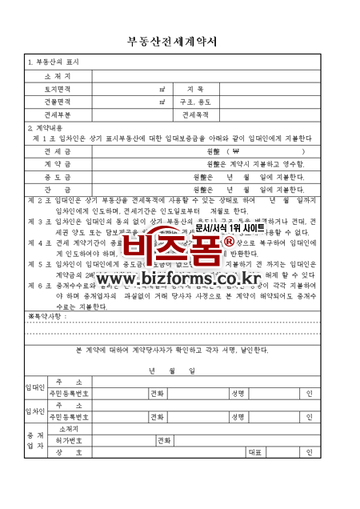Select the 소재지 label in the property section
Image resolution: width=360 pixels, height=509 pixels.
click(x=58, y=75)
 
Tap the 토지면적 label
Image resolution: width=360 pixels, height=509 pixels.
click(x=58, y=89)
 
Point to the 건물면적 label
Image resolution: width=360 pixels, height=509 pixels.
click(x=58, y=102)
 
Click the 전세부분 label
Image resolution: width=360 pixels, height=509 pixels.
click(x=58, y=114)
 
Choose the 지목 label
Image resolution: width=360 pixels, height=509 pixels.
click(x=195, y=89)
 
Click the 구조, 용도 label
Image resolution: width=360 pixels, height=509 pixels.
click(x=195, y=102)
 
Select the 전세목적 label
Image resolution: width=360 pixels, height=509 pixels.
click(x=195, y=114)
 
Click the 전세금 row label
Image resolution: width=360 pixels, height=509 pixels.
click(x=58, y=150)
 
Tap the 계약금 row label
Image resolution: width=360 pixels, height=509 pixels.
click(x=58, y=163)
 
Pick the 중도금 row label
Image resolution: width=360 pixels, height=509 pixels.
click(x=58, y=176)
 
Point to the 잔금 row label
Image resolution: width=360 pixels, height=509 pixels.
click(x=58, y=189)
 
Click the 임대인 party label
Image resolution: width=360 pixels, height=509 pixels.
click(x=35, y=387)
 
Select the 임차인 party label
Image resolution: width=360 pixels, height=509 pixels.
click(x=35, y=411)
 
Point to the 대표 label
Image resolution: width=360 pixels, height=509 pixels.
click(x=255, y=452)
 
